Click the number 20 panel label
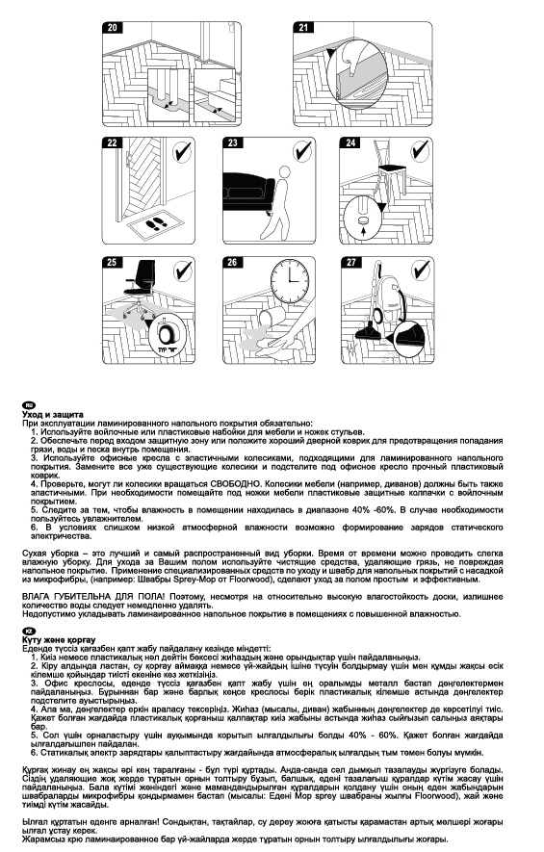click(113, 28)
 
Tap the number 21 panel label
click(305, 28)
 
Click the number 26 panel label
click(232, 262)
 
